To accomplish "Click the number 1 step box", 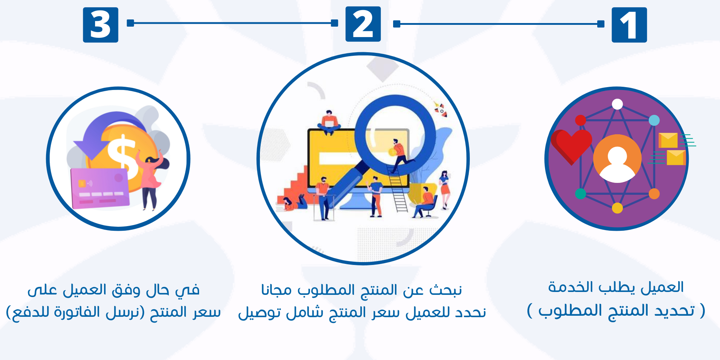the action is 629,25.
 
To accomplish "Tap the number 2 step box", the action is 363,24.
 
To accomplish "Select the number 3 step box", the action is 100,25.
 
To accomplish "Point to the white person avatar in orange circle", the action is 617,159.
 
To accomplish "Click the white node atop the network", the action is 617,104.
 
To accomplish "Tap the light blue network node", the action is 654,120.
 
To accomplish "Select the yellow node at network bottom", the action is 617,208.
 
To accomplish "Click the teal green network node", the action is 580,194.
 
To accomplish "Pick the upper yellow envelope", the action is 668,140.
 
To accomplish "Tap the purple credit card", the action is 100,189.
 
